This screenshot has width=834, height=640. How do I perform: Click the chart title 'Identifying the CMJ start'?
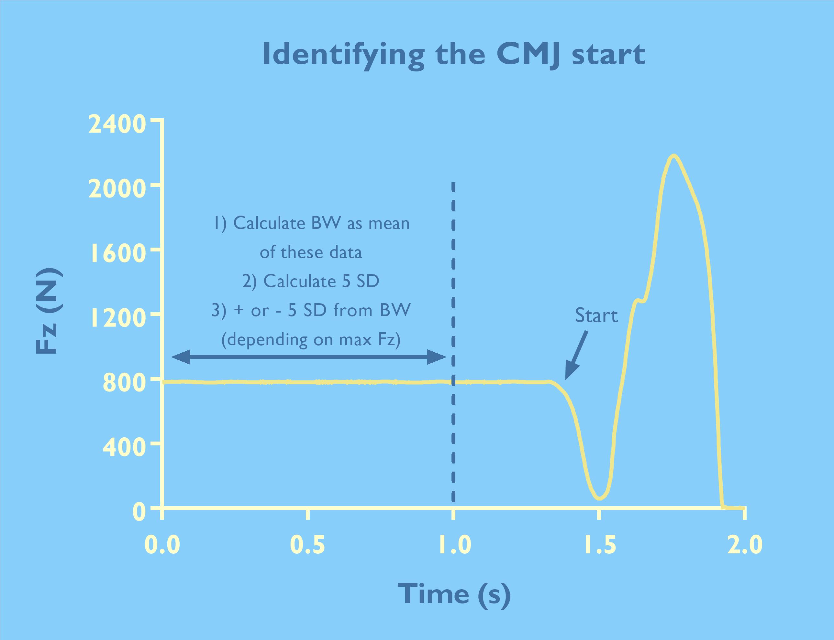point(454,55)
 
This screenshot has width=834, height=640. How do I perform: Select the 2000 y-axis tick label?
point(117,189)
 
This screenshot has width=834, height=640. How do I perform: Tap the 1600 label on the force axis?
point(117,254)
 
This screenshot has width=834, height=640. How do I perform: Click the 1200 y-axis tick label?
point(117,318)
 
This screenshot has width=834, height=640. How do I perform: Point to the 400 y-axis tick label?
point(124,448)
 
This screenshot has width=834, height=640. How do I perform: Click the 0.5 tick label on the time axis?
point(307,545)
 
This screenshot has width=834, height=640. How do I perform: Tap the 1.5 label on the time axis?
point(600,545)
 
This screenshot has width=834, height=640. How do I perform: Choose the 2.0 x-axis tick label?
point(744,545)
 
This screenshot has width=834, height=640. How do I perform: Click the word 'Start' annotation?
point(596,316)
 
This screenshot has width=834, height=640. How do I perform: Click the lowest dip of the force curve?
point(599,498)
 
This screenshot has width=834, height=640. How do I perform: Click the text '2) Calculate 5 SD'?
point(311,282)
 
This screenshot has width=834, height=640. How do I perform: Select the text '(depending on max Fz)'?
point(311,339)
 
